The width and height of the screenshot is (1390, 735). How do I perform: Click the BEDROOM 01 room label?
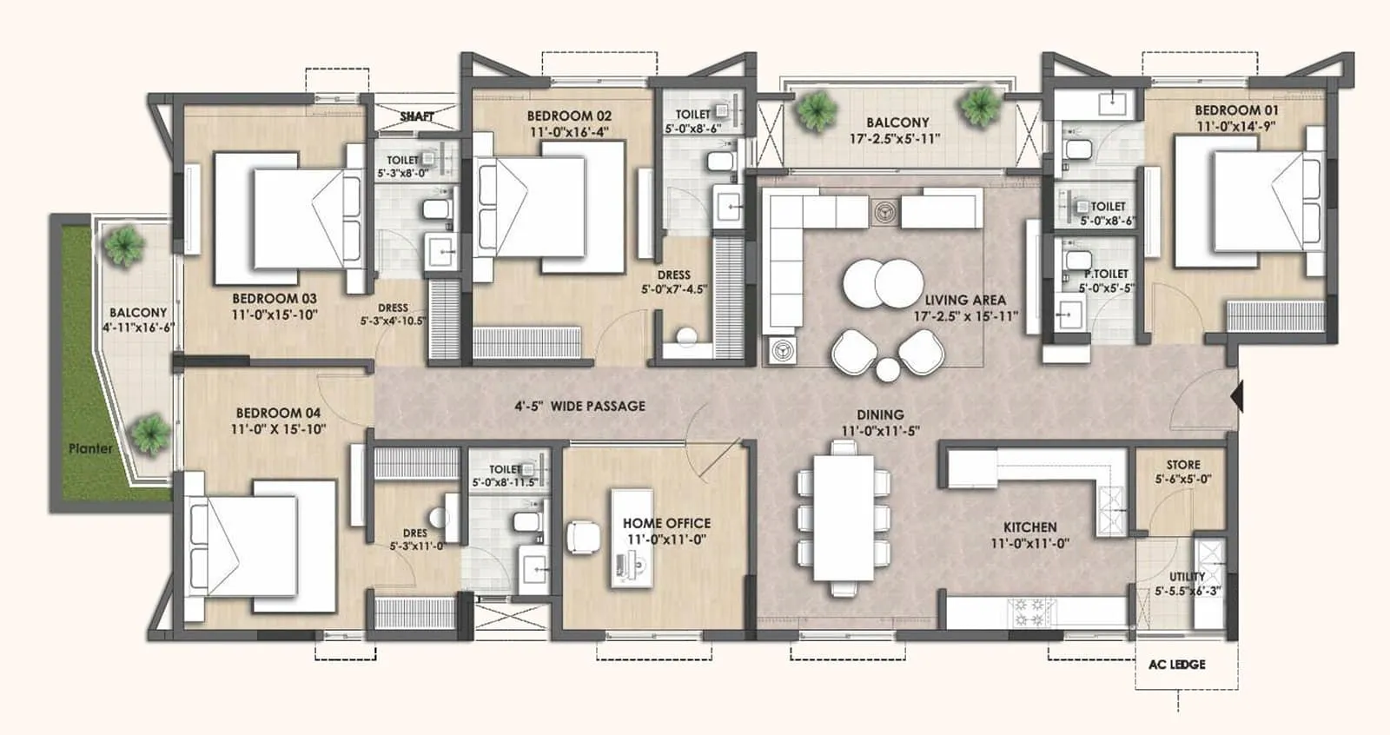[x=1235, y=110]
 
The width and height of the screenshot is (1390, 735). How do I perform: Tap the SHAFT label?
[x=417, y=116]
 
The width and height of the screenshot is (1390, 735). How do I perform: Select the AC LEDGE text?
[x=1176, y=665]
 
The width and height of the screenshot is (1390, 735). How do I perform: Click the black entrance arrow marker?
[x=1237, y=397]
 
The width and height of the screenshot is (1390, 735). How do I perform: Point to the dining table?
[x=843, y=518]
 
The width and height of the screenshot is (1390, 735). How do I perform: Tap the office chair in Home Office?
[x=583, y=537]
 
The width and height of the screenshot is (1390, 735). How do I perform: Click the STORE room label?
[x=1182, y=465]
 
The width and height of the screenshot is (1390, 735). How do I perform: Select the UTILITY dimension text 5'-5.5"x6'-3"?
[x=1187, y=591]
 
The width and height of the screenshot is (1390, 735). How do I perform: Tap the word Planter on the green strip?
[x=90, y=448]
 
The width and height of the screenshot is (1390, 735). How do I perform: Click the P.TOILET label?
[x=1105, y=274]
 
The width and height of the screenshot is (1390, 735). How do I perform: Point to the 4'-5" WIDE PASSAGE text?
[x=579, y=406]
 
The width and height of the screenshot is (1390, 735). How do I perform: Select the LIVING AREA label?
[x=964, y=300]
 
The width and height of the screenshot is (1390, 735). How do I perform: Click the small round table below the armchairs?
[x=887, y=370]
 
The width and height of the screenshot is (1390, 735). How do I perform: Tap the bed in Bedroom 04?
[x=261, y=547]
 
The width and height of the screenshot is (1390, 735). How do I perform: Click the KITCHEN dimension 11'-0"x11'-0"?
[x=1029, y=544]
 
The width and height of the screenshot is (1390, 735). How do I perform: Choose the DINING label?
[x=879, y=415]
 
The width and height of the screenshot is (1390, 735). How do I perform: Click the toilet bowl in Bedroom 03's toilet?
[x=435, y=209]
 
